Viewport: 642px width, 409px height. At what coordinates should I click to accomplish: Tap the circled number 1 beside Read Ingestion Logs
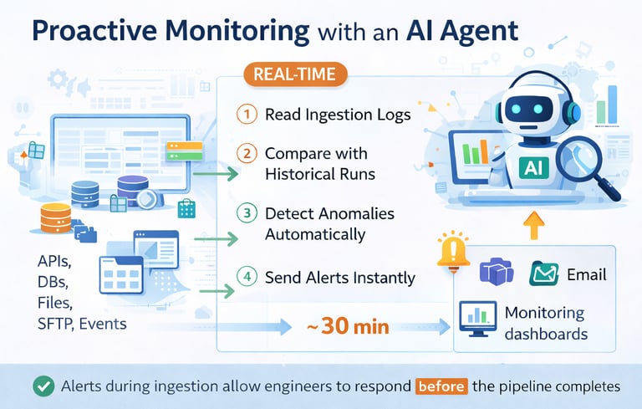[x=246, y=115]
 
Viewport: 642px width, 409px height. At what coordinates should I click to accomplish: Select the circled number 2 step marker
[x=246, y=154]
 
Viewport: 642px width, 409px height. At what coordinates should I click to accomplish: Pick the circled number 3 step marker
[x=246, y=213]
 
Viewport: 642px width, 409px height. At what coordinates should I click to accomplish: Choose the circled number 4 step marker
[x=246, y=277]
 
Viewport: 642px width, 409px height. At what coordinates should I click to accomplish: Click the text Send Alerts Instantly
[x=340, y=278]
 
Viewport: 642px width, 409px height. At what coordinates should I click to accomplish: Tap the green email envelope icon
[x=544, y=274]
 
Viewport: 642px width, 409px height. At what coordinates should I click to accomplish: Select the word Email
[x=586, y=274]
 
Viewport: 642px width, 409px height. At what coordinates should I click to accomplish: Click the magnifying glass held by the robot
[x=586, y=160]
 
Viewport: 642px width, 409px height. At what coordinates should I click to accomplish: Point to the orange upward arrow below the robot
[x=533, y=223]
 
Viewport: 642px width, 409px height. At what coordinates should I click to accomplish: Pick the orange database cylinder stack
[x=55, y=218]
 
